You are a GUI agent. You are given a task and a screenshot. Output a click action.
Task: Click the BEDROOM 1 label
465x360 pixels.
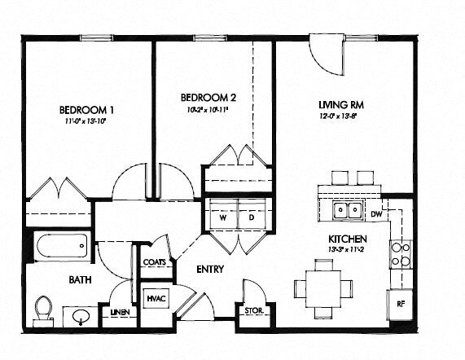point(86,109)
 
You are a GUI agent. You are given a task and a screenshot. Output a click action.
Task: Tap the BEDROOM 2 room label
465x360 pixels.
point(209,97)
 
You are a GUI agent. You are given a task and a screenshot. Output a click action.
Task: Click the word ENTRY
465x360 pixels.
point(210,269)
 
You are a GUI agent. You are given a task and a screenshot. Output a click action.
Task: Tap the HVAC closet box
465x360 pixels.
point(156,299)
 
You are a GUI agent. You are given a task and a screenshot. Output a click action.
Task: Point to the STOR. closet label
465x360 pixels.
point(252,310)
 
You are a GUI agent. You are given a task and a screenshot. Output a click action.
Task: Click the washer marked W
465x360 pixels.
point(222,217)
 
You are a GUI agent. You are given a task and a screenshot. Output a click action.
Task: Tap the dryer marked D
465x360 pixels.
point(251,217)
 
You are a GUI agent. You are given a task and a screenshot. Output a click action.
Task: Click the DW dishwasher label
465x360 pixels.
point(376,214)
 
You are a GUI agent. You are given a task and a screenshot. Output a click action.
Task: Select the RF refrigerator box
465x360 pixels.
point(401,303)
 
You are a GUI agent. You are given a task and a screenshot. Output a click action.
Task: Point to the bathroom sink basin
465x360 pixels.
point(81,314)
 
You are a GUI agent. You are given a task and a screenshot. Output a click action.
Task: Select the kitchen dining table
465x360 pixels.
point(323,288)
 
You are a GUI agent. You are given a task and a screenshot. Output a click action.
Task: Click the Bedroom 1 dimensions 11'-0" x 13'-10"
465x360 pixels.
point(86,121)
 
